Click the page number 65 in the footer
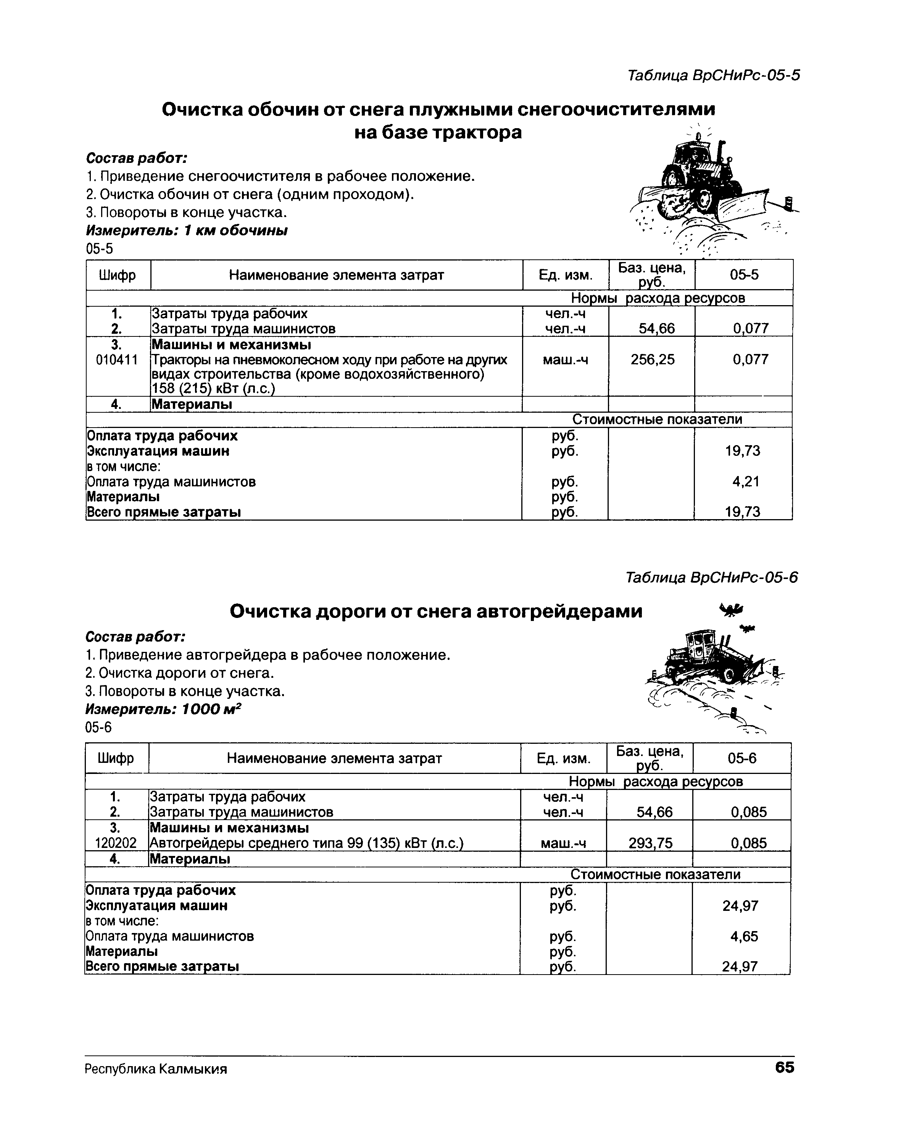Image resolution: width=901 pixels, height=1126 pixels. point(784,1067)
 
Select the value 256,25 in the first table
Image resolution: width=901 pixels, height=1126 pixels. point(652,359)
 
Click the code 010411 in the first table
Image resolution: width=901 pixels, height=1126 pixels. point(117,360)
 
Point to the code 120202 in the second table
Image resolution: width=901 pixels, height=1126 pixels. point(116,843)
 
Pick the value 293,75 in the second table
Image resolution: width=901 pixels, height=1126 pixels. point(650,843)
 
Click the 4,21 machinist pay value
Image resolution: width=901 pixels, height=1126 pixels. point(745,481)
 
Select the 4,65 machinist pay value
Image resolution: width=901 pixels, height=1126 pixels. point(744,936)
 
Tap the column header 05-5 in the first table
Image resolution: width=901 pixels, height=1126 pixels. point(744,275)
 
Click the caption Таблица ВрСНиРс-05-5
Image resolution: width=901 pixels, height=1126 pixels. point(713,76)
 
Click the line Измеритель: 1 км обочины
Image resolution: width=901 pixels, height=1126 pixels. point(187,230)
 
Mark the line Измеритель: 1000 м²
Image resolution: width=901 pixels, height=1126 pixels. point(164,709)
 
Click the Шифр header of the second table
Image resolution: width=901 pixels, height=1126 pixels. point(116,758)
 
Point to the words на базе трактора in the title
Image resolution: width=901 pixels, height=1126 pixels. point(438,133)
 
